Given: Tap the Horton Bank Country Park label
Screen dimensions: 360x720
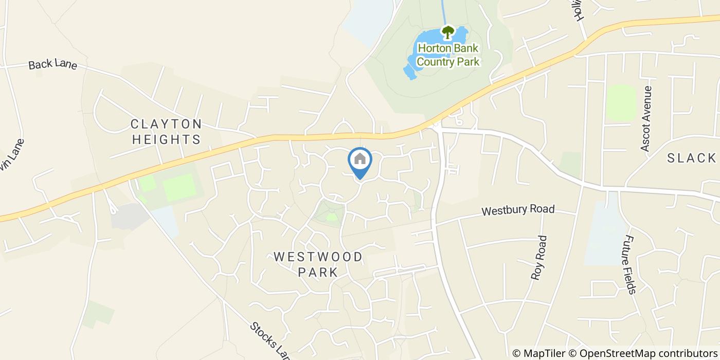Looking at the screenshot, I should tap(448, 55).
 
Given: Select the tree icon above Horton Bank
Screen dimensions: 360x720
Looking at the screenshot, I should tap(448, 32).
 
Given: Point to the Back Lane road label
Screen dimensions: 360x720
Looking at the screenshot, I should tap(52, 65).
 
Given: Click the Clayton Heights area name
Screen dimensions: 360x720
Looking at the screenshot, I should tap(166, 131).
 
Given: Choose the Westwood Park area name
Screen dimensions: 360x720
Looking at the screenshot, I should tap(318, 264).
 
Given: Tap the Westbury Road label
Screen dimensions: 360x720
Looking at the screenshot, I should tap(518, 210).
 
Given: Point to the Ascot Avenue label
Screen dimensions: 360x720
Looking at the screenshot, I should tap(646, 118).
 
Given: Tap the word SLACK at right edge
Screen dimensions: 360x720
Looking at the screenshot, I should tap(691, 158).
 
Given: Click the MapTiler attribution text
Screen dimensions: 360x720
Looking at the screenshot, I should tap(540, 353).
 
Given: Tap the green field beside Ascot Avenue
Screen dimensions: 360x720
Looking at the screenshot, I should tap(621, 103).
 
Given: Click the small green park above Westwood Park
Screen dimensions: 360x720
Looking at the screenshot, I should tap(330, 213).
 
